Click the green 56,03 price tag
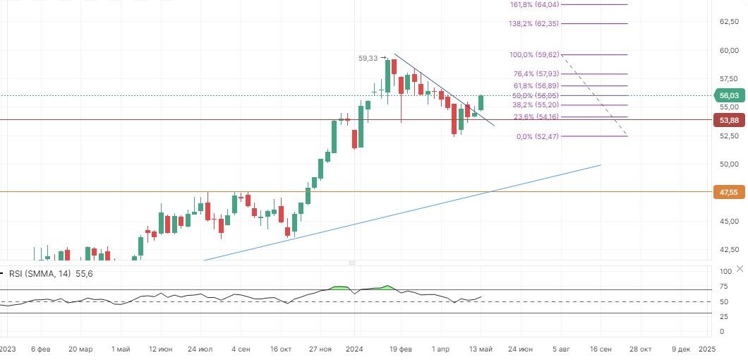pyautogui.click(x=728, y=95)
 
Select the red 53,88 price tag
pyautogui.click(x=728, y=120)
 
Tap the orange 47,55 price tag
pyautogui.click(x=728, y=191)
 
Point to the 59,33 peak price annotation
pyautogui.click(x=368, y=59)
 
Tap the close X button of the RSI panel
pyautogui.click(x=739, y=269)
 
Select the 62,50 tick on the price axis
pyautogui.click(x=729, y=22)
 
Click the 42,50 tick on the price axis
pyautogui.click(x=729, y=250)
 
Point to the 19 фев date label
pyautogui.click(x=401, y=349)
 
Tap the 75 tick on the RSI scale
pyautogui.click(x=725, y=287)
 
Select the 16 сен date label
pyautogui.click(x=601, y=349)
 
